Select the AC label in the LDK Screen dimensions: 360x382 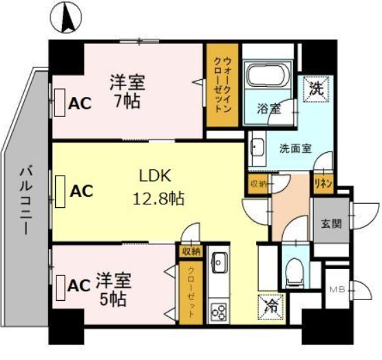(x=82, y=191)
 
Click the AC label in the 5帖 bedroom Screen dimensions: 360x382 (x=79, y=284)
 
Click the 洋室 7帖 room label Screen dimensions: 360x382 (x=127, y=89)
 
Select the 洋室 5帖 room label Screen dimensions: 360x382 (x=112, y=289)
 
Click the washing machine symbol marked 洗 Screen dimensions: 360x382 (x=315, y=89)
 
